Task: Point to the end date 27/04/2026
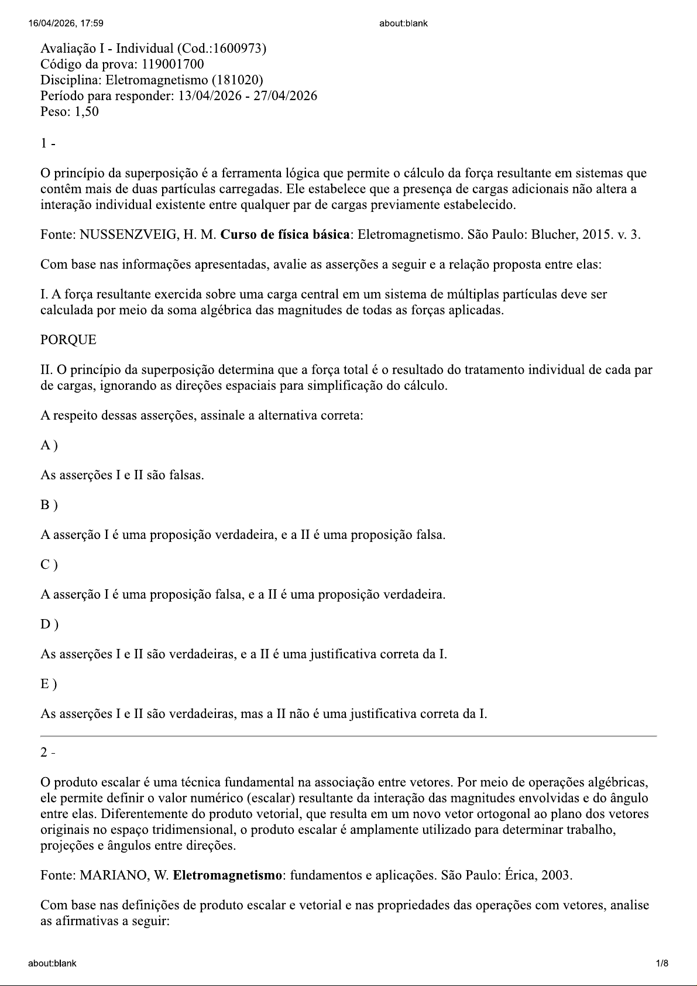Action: point(285,96)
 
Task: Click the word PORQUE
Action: point(68,340)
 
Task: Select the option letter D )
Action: point(49,624)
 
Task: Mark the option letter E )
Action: point(49,684)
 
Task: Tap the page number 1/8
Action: point(662,963)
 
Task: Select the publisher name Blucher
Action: point(553,235)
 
